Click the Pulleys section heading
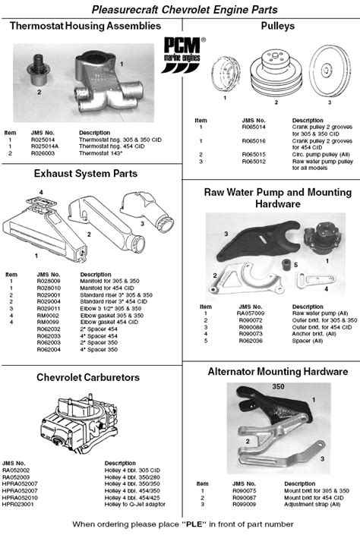(270, 26)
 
